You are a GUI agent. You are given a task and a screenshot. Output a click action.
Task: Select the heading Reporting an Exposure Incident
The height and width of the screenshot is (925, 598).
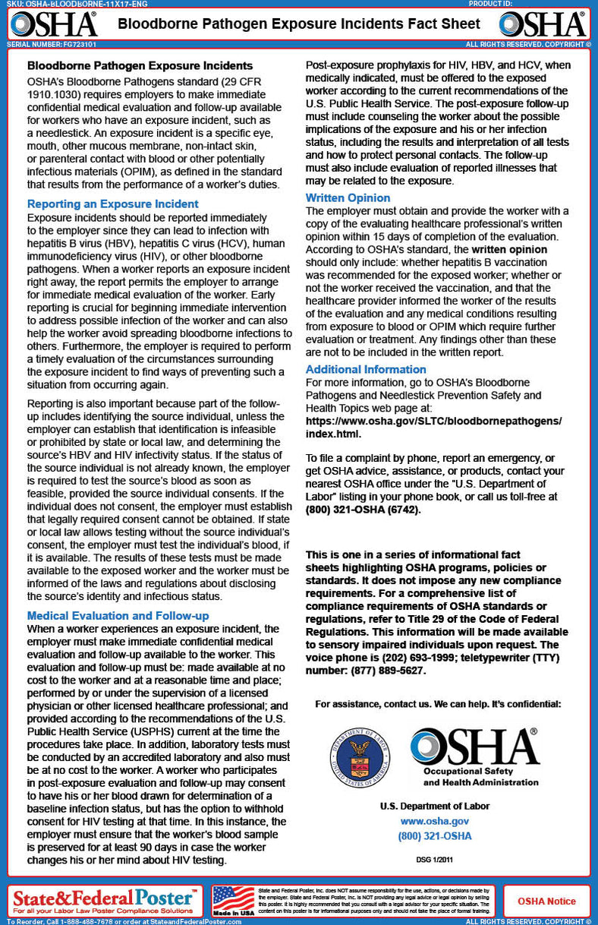point(113,204)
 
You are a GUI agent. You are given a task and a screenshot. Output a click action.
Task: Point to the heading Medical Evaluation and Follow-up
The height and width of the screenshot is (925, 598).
point(118,615)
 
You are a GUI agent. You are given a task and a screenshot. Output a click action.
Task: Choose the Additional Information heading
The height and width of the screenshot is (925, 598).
point(366,369)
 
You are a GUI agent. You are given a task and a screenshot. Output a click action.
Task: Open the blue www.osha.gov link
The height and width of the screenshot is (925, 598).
point(434,821)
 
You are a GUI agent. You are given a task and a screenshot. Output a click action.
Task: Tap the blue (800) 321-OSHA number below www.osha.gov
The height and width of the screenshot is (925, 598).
point(434,836)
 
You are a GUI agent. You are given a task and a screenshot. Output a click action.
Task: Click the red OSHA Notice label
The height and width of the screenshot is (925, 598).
point(546,901)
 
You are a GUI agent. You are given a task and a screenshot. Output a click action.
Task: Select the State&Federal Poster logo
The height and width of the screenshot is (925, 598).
point(104,901)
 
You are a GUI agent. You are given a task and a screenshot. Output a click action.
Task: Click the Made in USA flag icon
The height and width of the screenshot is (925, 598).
point(233,901)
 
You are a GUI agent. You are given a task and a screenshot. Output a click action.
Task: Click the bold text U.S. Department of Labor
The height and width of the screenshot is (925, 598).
point(434,806)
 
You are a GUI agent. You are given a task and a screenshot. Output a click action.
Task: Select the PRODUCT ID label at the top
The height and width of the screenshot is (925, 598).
point(490,4)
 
